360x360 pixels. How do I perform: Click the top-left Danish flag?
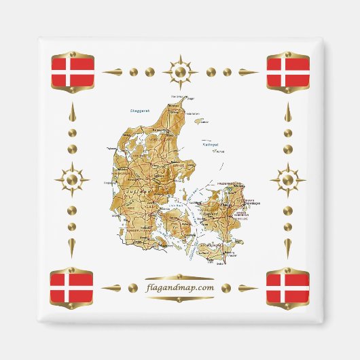tap(73, 72)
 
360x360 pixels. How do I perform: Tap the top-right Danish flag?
tap(287, 72)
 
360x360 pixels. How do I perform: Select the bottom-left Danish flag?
tap(73, 287)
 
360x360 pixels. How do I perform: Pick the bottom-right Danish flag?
tap(287, 287)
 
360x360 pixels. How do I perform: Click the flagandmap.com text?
tap(180, 288)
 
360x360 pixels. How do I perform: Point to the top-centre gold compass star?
tap(180, 71)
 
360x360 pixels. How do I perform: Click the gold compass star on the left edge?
tap(72, 180)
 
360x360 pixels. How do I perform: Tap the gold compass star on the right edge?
tap(288, 180)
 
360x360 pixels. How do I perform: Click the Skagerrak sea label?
tap(142, 110)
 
